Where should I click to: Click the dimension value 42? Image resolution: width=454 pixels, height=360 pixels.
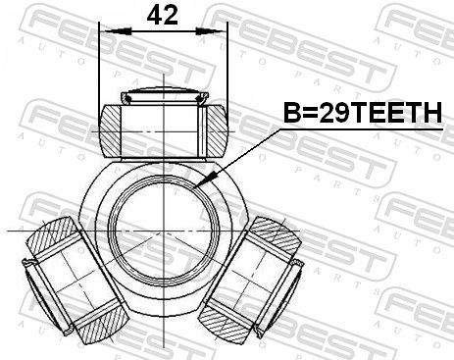coord(162,16)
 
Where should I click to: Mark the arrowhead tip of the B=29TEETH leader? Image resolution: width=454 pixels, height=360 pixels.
coord(199,185)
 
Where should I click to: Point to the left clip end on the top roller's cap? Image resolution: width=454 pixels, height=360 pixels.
coord(125,97)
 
